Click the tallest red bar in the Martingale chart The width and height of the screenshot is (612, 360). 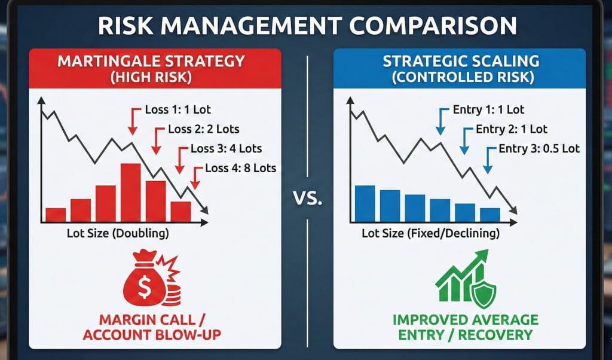[x=131, y=193]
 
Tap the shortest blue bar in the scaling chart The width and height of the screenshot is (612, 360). [x=490, y=215]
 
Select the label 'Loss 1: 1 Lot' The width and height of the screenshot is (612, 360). [x=178, y=109]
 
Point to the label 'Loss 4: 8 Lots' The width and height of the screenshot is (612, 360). [x=240, y=168]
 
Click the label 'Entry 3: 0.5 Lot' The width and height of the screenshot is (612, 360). [x=539, y=148]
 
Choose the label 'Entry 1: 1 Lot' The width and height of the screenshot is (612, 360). [x=488, y=109]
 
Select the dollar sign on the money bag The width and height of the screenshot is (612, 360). [x=144, y=288]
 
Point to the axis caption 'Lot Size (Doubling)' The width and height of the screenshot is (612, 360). [x=118, y=233]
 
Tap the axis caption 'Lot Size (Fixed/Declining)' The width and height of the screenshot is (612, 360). [x=430, y=233]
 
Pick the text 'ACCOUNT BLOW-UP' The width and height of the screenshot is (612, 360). [x=152, y=335]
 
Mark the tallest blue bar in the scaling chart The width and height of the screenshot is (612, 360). [x=365, y=203]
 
